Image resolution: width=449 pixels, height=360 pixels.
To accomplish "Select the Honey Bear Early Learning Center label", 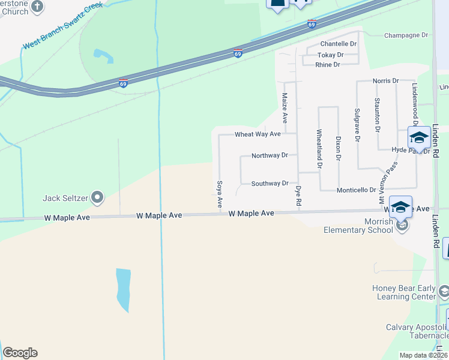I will pyautogui.click(x=403, y=292).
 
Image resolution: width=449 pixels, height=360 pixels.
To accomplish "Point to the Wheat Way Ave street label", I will pyautogui.click(x=258, y=134).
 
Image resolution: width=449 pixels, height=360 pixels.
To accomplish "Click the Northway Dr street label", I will pyautogui.click(x=270, y=155).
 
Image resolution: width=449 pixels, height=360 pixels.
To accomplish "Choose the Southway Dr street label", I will pyautogui.click(x=270, y=184).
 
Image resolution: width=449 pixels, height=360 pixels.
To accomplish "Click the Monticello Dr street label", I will pyautogui.click(x=356, y=190).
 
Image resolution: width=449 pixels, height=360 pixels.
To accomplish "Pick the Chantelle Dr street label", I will pyautogui.click(x=338, y=44).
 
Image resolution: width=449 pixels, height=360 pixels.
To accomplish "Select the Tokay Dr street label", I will pyautogui.click(x=330, y=55).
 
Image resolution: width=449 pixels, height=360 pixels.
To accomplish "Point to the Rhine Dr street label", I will pyautogui.click(x=328, y=65).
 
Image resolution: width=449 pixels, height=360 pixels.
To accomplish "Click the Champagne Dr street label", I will pyautogui.click(x=406, y=35).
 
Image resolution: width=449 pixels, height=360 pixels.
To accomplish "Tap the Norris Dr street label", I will pyautogui.click(x=385, y=81).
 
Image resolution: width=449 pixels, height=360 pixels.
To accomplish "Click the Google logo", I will pyautogui.click(x=20, y=353).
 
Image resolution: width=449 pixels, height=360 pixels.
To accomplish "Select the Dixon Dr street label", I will pyautogui.click(x=339, y=148).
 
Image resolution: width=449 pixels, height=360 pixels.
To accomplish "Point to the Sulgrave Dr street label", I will pyautogui.click(x=357, y=124).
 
